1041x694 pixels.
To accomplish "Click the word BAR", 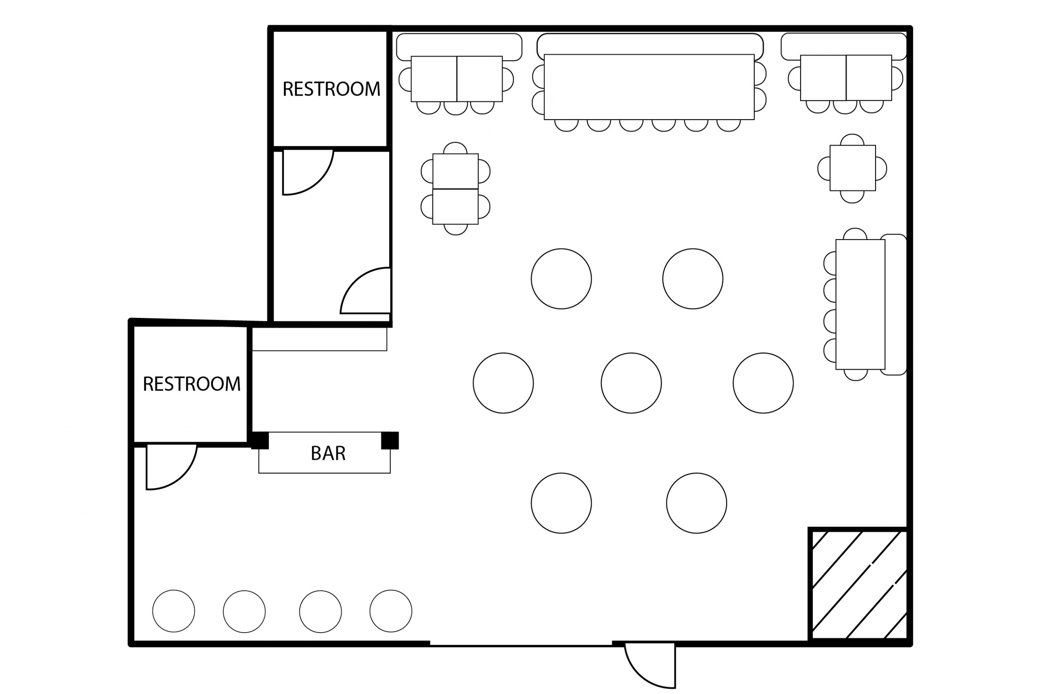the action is [x=328, y=453].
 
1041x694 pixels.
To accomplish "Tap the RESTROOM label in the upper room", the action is [x=331, y=89].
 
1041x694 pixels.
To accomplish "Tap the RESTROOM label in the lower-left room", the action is [x=192, y=384].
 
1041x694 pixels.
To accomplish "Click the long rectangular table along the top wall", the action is [x=649, y=87].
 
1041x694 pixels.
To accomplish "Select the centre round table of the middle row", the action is [x=631, y=383].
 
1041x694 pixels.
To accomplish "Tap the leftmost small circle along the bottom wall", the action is [x=174, y=611].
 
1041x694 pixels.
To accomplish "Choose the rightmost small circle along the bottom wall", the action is [x=391, y=611].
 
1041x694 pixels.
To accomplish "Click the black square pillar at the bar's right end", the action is [x=390, y=440].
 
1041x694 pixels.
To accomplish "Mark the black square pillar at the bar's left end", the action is [x=260, y=440].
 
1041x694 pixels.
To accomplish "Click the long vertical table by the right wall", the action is [x=860, y=305].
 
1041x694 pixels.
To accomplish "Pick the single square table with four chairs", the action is [x=852, y=168].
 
